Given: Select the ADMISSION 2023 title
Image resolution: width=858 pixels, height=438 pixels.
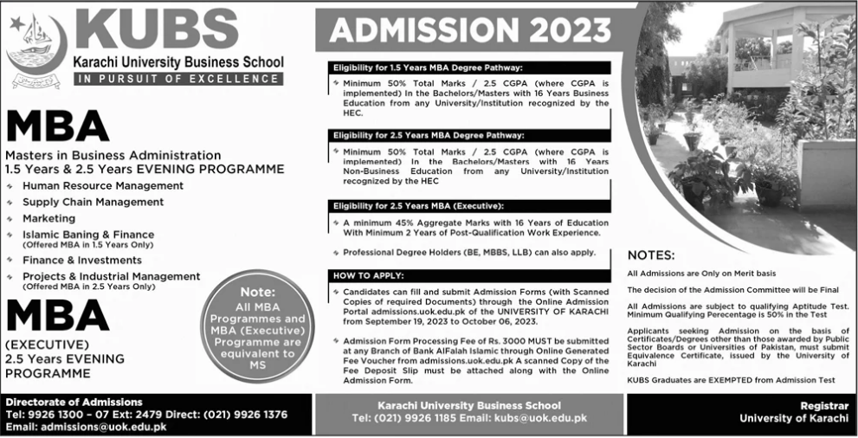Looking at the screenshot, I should coord(469,29).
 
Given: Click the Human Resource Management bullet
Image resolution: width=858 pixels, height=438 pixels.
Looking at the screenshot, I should coord(103,185).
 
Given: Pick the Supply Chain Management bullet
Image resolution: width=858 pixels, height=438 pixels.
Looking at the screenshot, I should coord(94,202).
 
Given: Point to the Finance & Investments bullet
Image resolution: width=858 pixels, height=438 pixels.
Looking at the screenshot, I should coord(82,260).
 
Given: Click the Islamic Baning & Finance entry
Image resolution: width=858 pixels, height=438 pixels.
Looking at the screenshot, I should coord(88,235).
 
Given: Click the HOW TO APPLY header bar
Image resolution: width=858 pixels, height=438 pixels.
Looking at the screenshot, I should coord(368,275).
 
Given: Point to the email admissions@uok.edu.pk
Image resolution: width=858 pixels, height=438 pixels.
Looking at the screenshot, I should coord(97,427).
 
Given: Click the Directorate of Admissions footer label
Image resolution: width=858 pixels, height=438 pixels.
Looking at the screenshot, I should coord(74,403).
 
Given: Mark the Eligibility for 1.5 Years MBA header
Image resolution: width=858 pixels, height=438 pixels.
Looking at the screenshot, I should coord(428,67).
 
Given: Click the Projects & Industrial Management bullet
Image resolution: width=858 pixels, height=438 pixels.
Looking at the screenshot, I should coord(112,276).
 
